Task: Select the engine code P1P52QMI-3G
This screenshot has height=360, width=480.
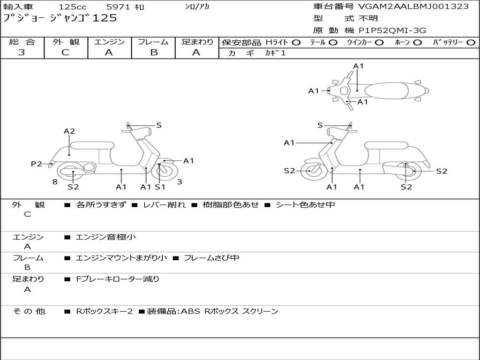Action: pos(393,30)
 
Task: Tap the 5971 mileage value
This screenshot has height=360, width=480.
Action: pos(119,7)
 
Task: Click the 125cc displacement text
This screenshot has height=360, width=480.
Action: pos(73,7)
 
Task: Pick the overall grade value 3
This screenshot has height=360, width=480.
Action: pos(22,52)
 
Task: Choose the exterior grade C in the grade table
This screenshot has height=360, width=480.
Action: pos(65,52)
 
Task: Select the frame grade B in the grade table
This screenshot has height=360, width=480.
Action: pos(153,52)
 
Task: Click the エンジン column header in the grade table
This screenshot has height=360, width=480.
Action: pos(109,42)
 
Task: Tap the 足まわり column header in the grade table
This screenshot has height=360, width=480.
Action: pos(197,42)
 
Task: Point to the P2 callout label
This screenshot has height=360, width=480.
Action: pos(37,164)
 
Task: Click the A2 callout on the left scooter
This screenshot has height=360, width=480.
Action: pos(69,131)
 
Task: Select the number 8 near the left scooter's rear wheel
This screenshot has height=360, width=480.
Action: pos(55,182)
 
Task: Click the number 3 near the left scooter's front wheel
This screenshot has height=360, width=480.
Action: pos(180,182)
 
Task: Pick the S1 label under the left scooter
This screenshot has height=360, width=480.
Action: pos(160,187)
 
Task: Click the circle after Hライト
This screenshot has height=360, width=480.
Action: pos(296,42)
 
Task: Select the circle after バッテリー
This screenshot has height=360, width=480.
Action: pos(471,42)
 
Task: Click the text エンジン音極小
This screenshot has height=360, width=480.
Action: pos(106,237)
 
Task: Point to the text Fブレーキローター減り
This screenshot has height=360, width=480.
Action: pos(118,279)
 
